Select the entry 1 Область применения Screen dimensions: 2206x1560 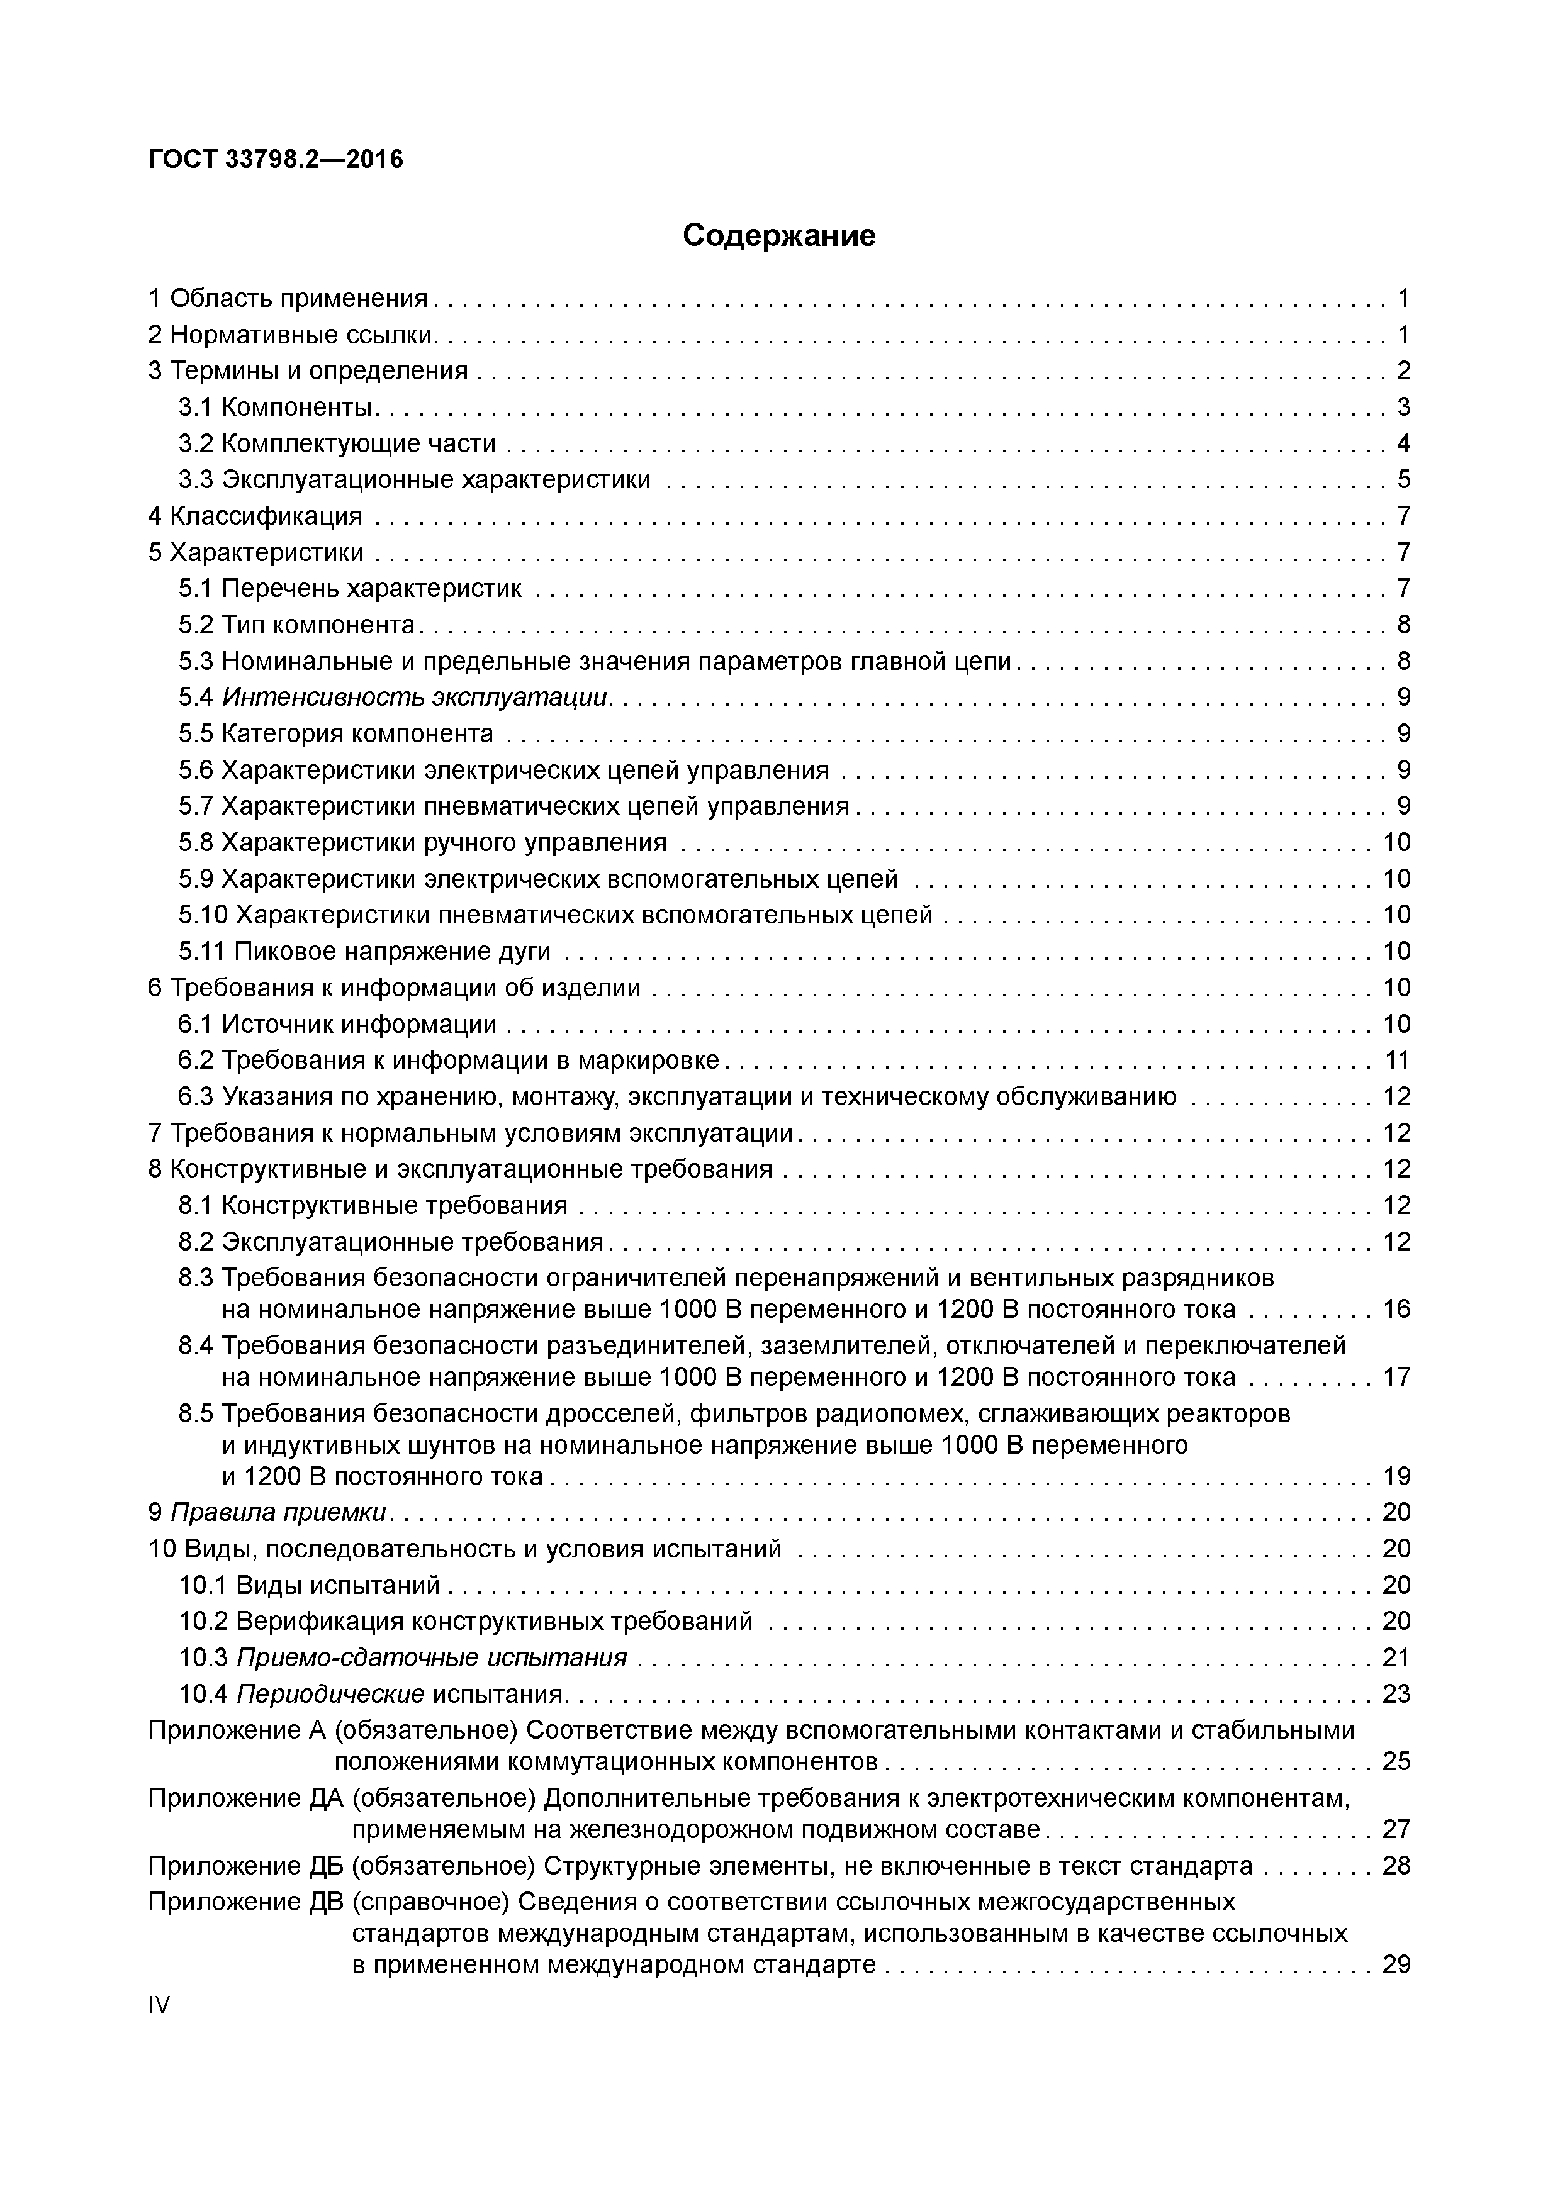(288, 299)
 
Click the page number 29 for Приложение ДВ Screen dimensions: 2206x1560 (1396, 1965)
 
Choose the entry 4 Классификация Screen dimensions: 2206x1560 (255, 516)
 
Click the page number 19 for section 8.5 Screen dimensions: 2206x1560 (1396, 1476)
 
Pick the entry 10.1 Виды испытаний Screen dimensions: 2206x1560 (310, 1585)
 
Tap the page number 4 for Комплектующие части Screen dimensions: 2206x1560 (1403, 444)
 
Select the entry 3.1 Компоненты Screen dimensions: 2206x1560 (276, 408)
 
